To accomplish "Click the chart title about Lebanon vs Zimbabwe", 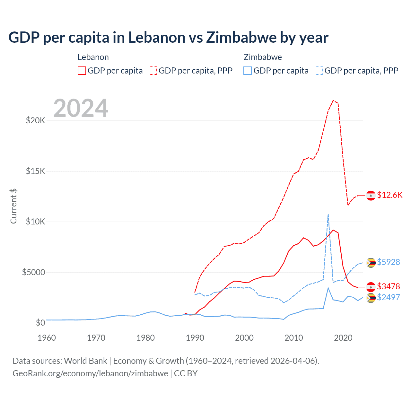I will click(x=168, y=38).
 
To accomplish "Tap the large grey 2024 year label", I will click(x=81, y=108).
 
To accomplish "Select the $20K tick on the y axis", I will click(x=35, y=121).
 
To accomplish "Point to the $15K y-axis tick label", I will click(x=35, y=171).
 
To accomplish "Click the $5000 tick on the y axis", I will click(x=33, y=272).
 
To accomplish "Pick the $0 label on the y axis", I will click(x=40, y=323).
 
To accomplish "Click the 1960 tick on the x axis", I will click(x=47, y=338).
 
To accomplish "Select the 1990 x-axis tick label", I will click(x=195, y=338).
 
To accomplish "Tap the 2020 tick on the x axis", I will click(x=343, y=338).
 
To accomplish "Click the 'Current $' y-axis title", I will click(x=13, y=206).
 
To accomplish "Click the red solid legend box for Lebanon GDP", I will click(x=82, y=71).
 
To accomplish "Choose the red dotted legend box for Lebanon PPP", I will click(x=153, y=71).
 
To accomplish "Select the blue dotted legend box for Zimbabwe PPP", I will click(x=319, y=71).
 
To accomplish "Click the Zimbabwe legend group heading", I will click(x=263, y=57).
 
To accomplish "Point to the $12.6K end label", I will click(x=389, y=195).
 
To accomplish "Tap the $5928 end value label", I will click(x=388, y=262).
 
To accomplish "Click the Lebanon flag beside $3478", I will click(x=371, y=286).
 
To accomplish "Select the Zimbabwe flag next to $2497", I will click(x=371, y=298).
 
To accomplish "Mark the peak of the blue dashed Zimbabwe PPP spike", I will click(x=328, y=214).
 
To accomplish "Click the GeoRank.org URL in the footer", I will click(x=90, y=373).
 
